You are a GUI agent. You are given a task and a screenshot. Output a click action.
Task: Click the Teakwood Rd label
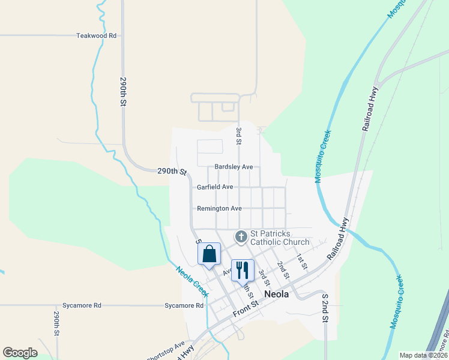click(96, 35)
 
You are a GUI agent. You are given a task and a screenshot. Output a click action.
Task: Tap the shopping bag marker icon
click(209, 254)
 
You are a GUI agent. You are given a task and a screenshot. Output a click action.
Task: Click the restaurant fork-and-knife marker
click(243, 271)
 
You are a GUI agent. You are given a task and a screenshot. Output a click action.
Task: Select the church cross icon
click(241, 237)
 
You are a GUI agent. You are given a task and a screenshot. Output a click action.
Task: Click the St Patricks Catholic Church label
click(280, 238)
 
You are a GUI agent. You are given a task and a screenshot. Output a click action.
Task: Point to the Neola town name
click(277, 294)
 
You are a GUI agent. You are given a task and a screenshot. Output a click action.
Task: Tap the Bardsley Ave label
click(234, 167)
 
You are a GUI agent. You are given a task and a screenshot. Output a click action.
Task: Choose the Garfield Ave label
click(215, 187)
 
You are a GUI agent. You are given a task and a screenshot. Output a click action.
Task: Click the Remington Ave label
click(219, 208)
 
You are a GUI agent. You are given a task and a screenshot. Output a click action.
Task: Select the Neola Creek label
click(192, 281)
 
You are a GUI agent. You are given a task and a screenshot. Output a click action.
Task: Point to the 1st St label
click(301, 262)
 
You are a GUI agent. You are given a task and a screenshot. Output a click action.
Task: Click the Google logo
click(20, 352)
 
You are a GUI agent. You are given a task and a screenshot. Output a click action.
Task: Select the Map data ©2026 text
click(423, 355)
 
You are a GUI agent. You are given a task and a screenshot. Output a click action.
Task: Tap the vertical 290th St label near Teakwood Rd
click(123, 92)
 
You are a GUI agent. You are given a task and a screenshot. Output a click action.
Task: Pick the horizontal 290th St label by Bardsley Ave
click(172, 171)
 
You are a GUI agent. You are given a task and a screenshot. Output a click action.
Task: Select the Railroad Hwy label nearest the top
click(370, 109)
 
